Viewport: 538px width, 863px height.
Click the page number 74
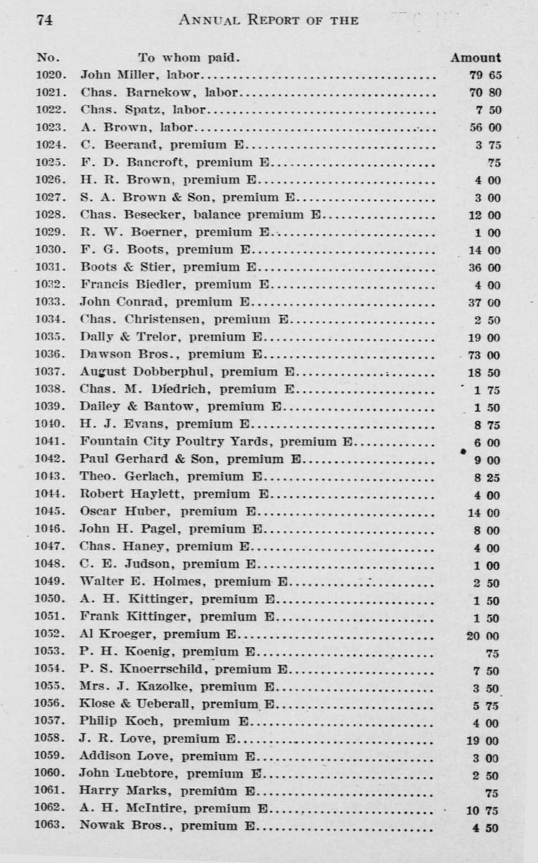pos(44,20)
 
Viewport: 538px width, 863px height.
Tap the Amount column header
pos(476,58)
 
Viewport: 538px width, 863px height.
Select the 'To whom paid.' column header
pos(189,58)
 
